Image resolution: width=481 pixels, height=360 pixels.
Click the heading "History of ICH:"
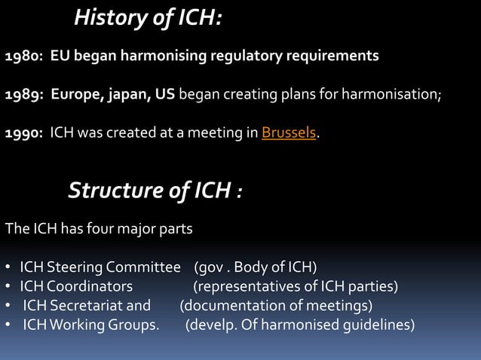click(148, 17)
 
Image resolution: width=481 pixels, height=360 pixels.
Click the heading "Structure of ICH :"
click(155, 191)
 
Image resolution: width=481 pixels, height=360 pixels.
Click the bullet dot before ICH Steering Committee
click(7, 267)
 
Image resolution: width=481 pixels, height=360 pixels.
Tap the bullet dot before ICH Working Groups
click(7, 325)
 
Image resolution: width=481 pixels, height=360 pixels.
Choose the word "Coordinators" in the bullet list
click(90, 286)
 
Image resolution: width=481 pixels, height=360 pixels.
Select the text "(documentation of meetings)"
click(276, 306)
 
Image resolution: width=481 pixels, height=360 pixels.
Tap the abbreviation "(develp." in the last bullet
click(210, 325)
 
